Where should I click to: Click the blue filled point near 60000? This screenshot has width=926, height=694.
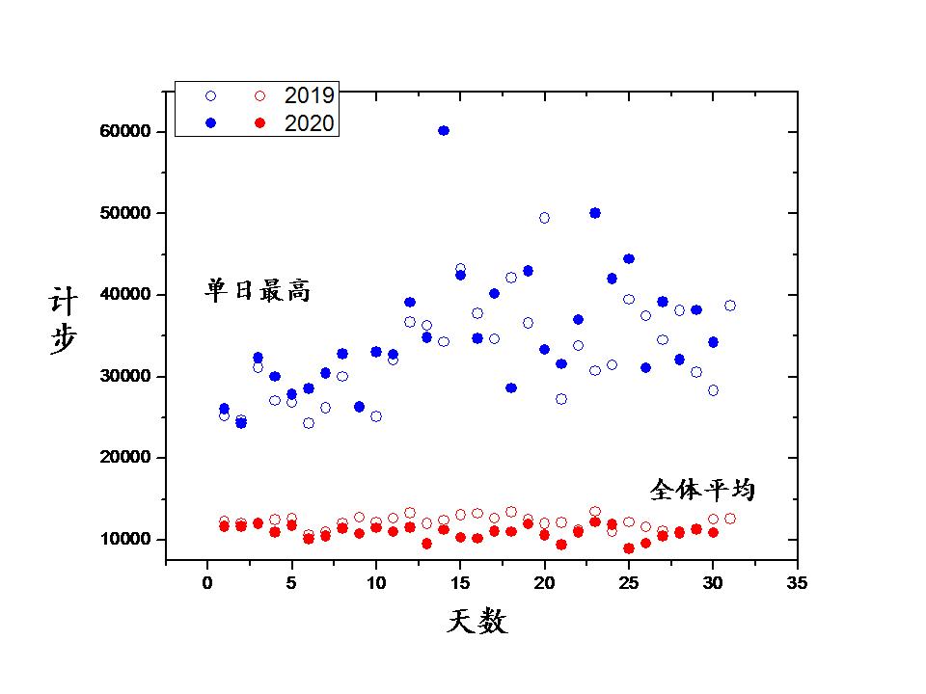point(444,130)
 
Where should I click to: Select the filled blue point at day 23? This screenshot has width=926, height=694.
point(595,213)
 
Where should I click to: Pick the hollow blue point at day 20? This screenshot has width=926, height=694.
point(544,218)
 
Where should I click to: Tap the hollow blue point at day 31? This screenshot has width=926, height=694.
point(730,306)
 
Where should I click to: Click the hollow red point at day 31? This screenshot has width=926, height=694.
point(730,519)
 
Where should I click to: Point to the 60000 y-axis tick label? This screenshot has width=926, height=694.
point(125,131)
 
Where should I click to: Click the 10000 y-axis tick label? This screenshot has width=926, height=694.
point(125,539)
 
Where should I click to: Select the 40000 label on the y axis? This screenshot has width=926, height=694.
point(125,294)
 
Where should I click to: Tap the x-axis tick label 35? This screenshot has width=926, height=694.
point(797,582)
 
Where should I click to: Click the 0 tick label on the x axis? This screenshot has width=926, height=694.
point(207,582)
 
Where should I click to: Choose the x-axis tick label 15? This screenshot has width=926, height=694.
point(460,582)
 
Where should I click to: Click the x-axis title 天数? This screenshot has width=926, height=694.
point(477,622)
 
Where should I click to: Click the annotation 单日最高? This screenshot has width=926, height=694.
point(258,290)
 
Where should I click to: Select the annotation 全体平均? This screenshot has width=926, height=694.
point(702,490)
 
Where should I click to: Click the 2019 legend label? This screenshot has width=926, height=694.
point(309,95)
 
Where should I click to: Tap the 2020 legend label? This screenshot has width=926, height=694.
point(309,122)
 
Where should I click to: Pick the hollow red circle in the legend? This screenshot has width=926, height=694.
point(259,95)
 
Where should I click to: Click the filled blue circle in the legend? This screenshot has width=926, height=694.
point(210,122)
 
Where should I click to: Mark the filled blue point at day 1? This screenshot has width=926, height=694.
point(224,409)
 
